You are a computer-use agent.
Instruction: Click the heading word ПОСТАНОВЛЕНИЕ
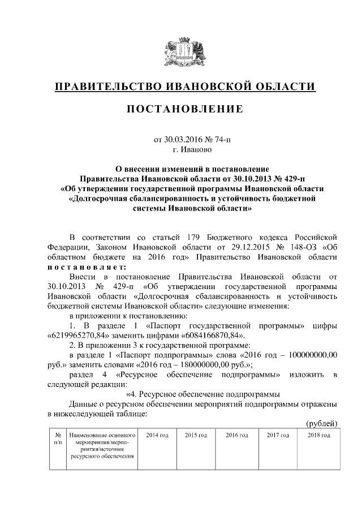coord(184,109)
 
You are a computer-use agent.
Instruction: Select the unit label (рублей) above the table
coord(321,424)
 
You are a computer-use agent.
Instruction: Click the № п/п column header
coord(57,438)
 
